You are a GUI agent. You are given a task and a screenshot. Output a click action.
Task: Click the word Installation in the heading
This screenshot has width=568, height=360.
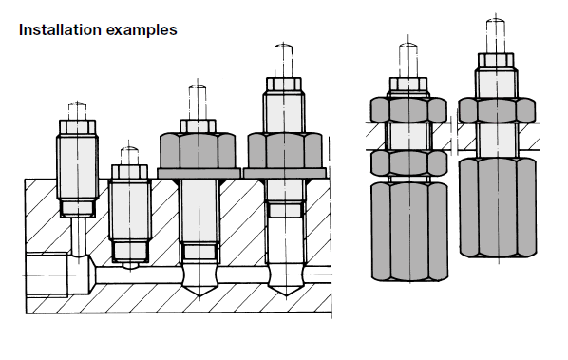click(x=60, y=29)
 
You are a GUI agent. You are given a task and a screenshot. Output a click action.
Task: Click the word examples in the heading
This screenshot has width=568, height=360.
click(x=142, y=30)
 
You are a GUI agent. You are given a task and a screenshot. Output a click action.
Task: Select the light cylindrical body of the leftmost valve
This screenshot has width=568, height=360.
click(x=77, y=166)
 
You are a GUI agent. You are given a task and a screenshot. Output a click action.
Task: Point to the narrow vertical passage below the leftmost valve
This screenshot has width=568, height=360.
click(x=78, y=237)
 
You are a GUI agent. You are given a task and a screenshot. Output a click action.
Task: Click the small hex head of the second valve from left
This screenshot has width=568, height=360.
click(x=129, y=172)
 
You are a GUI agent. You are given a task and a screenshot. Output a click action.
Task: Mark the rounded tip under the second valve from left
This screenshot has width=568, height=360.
click(x=130, y=265)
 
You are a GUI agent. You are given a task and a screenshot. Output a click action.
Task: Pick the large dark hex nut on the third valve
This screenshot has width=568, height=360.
click(x=198, y=150)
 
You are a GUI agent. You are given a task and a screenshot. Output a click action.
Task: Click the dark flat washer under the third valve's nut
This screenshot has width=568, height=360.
click(x=199, y=173)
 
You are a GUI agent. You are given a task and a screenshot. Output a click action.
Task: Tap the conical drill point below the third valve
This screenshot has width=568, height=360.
click(x=199, y=289)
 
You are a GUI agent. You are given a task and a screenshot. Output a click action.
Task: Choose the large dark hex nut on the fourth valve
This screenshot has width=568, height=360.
click(x=285, y=150)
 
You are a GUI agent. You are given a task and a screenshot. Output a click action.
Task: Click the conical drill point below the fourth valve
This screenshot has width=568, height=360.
click(x=286, y=289)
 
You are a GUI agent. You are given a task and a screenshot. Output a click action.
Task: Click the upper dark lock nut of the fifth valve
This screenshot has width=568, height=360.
click(x=408, y=109)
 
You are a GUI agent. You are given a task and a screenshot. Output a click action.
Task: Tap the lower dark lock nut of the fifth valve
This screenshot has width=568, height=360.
click(x=408, y=163)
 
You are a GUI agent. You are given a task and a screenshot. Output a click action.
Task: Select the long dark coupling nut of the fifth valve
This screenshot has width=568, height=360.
click(x=409, y=232)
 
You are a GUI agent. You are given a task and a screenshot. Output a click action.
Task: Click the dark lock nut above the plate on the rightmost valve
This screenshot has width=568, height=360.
click(x=497, y=110)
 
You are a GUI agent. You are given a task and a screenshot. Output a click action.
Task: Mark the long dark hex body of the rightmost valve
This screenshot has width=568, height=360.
click(x=498, y=207)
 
